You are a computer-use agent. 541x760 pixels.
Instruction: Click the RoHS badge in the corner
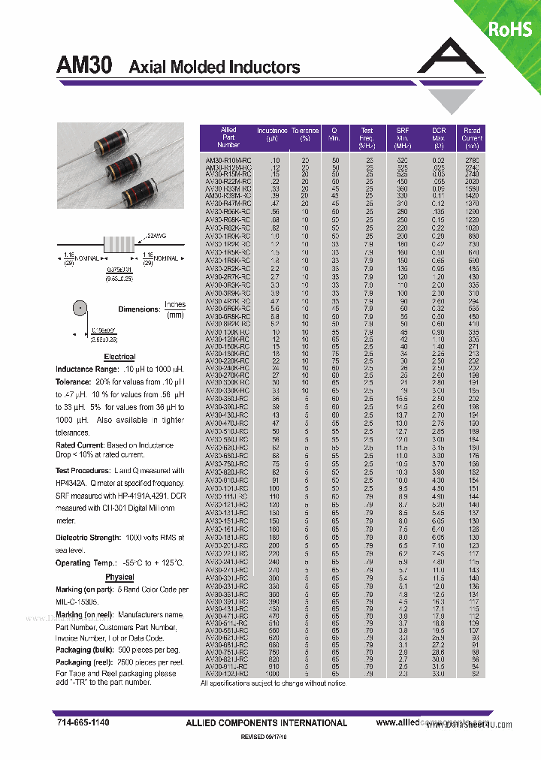tap(510, 29)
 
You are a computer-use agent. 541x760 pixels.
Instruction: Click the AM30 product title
tap(84, 66)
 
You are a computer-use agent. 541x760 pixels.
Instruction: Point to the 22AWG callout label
tap(153, 236)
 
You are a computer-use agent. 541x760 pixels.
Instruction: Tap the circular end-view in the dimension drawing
tap(79, 309)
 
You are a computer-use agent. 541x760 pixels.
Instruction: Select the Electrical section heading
tap(119, 357)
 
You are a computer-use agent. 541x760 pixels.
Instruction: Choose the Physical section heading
tap(119, 578)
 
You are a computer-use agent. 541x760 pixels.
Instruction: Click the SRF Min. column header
tap(403, 137)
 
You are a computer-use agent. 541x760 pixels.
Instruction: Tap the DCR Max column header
tap(438, 137)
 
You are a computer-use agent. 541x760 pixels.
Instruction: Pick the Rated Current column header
tap(472, 137)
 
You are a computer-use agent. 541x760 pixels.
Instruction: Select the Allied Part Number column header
tap(228, 137)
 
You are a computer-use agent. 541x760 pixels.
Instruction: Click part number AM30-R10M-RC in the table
tap(228, 161)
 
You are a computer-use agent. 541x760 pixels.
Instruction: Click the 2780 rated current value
tap(472, 161)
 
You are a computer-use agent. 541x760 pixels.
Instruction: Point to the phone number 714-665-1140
tap(83, 722)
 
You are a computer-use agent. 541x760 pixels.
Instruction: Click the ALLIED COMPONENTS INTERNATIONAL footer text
tap(266, 723)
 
